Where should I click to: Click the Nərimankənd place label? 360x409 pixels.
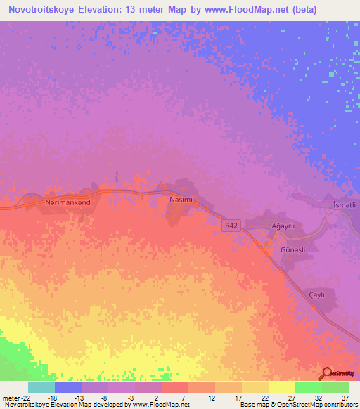pyautogui.click(x=68, y=201)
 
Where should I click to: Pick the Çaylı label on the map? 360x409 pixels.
pyautogui.click(x=317, y=295)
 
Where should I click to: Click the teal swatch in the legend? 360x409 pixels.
pyautogui.click(x=41, y=387)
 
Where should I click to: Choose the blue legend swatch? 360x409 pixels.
pyautogui.click(x=68, y=387)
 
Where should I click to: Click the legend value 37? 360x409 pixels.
pyautogui.click(x=345, y=398)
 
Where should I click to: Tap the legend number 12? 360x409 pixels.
pyautogui.click(x=211, y=398)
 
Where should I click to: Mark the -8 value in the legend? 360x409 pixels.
pyautogui.click(x=104, y=398)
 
